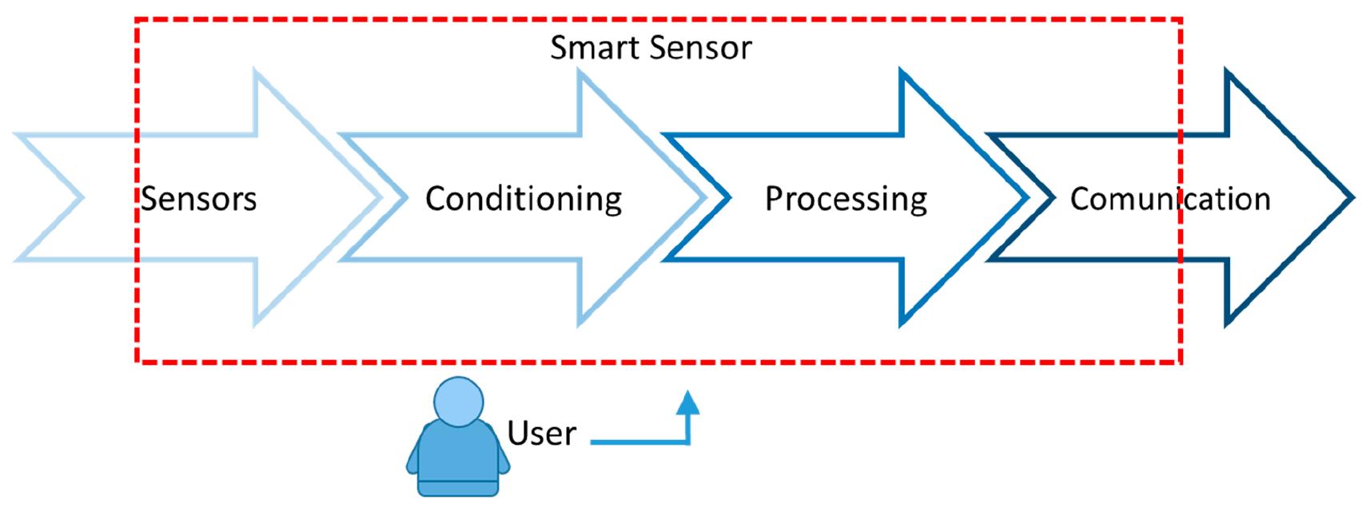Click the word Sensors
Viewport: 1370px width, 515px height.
199,199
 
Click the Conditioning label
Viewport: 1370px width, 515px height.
524,199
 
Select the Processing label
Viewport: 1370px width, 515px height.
846,199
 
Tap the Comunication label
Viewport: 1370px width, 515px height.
1169,199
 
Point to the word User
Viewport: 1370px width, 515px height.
541,434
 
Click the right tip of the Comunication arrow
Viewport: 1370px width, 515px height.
1351,197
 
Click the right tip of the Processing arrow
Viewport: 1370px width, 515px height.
1026,197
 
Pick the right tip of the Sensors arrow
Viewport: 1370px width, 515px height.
380,197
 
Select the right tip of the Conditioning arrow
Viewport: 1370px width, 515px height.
704,197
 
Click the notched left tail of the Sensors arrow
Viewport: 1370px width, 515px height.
80,197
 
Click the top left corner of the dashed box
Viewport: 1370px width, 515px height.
137,20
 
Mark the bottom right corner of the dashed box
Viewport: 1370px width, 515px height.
1180,362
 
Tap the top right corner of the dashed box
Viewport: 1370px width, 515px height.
1180,20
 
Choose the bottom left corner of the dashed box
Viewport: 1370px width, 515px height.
137,362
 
